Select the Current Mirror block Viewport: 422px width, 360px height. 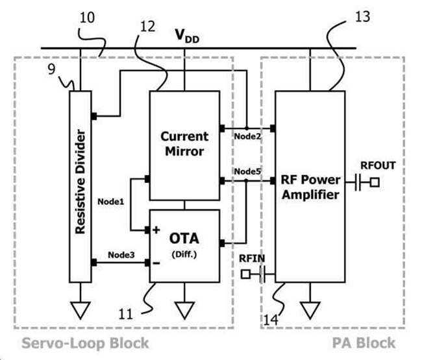pyautogui.click(x=185, y=144)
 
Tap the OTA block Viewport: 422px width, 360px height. pyautogui.click(x=185, y=244)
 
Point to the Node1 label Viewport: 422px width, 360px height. pyautogui.click(x=110, y=202)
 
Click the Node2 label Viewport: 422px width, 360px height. pyautogui.click(x=247, y=137)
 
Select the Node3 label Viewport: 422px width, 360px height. pyautogui.click(x=121, y=254)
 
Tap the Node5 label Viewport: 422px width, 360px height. pyautogui.click(x=247, y=171)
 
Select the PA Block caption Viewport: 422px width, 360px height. pyautogui.click(x=369, y=343)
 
